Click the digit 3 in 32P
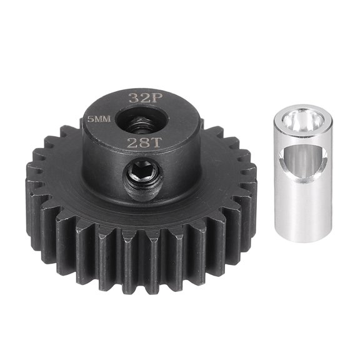point(132,98)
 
